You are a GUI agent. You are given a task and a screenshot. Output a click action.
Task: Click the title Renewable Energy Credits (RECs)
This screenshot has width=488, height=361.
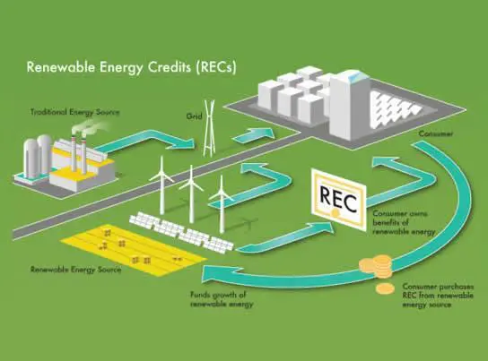coord(131,67)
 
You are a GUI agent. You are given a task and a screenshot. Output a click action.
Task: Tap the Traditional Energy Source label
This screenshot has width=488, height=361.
coord(75,112)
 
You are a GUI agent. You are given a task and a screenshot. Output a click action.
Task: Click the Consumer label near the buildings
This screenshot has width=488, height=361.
coord(436,133)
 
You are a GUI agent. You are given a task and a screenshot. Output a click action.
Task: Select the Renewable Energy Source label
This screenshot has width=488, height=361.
coord(75,270)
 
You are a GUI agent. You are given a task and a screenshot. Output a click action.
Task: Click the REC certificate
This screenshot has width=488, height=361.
coord(338,200)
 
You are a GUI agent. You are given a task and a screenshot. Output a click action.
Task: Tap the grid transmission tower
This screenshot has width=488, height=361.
coord(209,128)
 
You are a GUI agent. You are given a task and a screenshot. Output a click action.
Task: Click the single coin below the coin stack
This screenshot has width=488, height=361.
coord(385,288)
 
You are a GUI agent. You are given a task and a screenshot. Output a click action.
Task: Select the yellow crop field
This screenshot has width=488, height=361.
coord(134,250)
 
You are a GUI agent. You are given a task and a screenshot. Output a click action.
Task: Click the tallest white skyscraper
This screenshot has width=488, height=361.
coord(349,105)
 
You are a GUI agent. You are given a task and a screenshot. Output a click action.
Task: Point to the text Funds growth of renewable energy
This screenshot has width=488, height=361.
coord(222,299)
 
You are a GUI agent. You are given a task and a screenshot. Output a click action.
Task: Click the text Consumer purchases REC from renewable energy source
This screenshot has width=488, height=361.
coord(438,296)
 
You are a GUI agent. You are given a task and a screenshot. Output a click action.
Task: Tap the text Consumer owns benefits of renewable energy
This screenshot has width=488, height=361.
coord(404,223)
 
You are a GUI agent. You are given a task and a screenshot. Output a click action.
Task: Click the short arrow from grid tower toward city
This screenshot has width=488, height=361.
coord(254,134)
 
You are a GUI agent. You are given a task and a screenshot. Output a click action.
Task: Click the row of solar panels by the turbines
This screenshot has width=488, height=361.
coord(181,231)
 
